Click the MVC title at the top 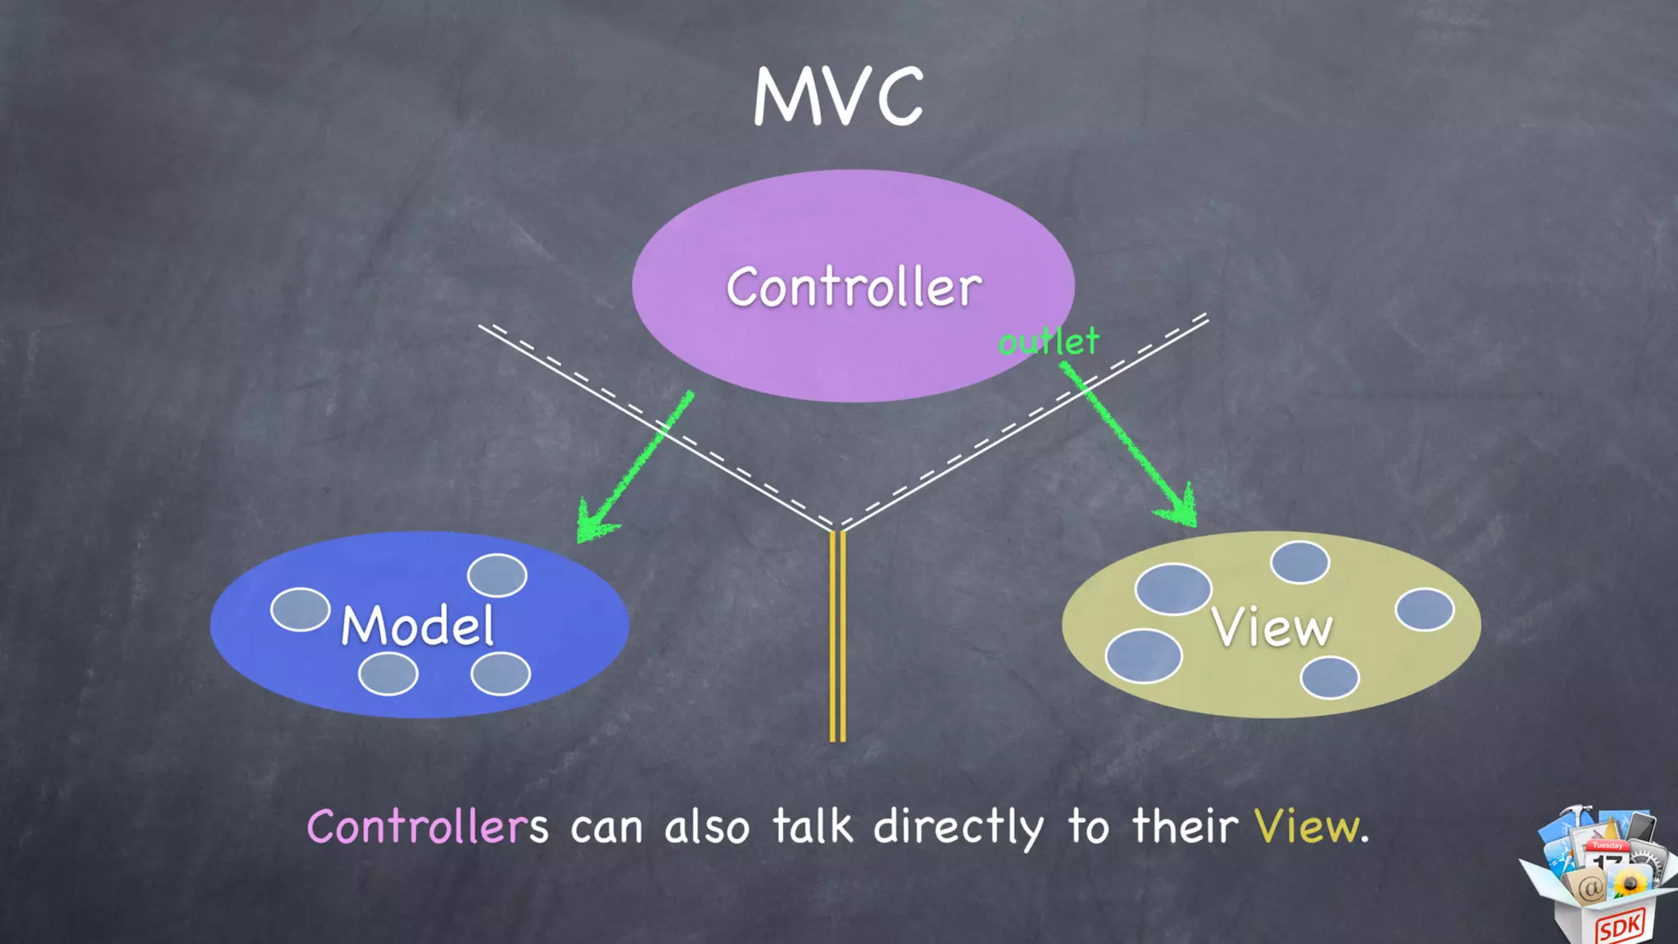pos(838,97)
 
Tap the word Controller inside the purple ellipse pos(854,288)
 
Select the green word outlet pos(1049,342)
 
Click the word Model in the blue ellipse pos(418,626)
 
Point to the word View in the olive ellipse pos(1272,628)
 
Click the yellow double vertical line pos(837,636)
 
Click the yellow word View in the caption pos(1307,827)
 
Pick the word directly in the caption pos(959,827)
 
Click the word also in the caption pos(706,826)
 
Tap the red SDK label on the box pos(1620,927)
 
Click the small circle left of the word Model pos(300,610)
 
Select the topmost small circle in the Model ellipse pos(497,574)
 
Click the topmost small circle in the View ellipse pos(1299,562)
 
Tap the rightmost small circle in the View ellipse pos(1425,610)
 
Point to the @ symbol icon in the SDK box pos(1589,887)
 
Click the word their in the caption pos(1185,826)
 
